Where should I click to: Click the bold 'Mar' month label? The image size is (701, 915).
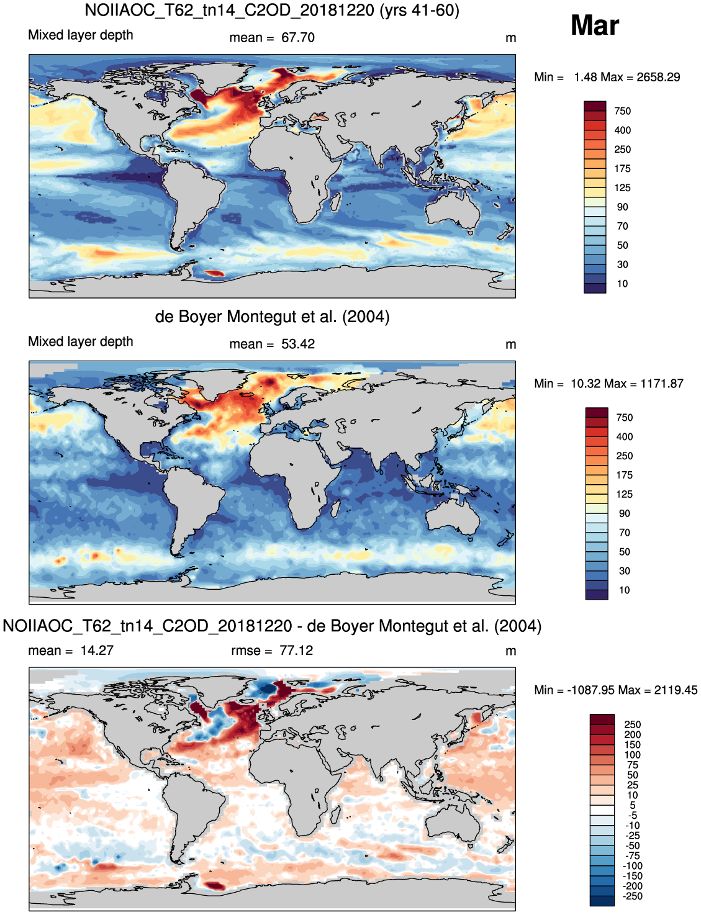(594, 25)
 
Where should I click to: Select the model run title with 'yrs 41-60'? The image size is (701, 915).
(272, 10)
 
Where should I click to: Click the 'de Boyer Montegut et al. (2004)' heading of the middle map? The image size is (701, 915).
(272, 316)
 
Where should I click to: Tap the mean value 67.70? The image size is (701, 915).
(297, 37)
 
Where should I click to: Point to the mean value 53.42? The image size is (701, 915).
(297, 344)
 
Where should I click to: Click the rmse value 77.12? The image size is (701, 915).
(296, 650)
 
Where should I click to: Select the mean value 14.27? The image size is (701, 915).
(97, 650)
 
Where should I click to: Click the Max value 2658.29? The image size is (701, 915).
(658, 77)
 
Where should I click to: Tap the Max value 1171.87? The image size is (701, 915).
(662, 384)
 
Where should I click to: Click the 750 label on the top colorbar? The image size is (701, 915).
(622, 111)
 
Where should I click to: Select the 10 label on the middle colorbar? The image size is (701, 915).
(625, 590)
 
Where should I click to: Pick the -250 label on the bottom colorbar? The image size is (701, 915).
(632, 896)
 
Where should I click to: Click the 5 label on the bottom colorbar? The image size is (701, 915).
(632, 805)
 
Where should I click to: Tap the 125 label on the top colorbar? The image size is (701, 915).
(622, 188)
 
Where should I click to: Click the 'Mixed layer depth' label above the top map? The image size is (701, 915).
(81, 35)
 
